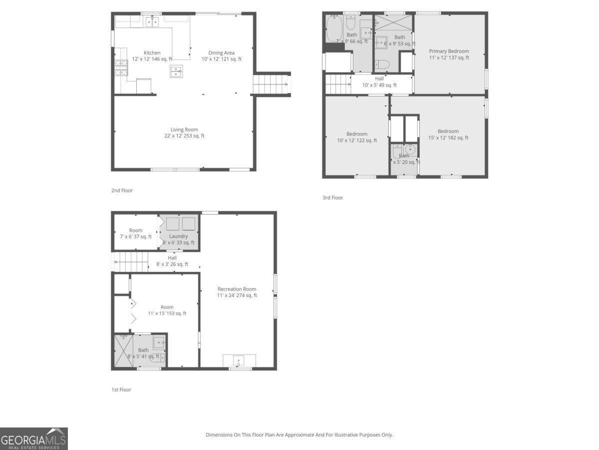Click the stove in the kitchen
pyautogui.click(x=121, y=67)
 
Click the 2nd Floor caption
pyautogui.click(x=122, y=190)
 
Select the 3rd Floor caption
pyautogui.click(x=332, y=198)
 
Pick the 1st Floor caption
pyautogui.click(x=121, y=389)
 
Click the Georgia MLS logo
pyautogui.click(x=33, y=438)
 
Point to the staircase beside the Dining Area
pyautogui.click(x=272, y=84)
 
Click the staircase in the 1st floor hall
pyautogui.click(x=131, y=261)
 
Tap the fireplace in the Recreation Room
pyautogui.click(x=239, y=360)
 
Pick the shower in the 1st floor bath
pyautogui.click(x=123, y=351)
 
